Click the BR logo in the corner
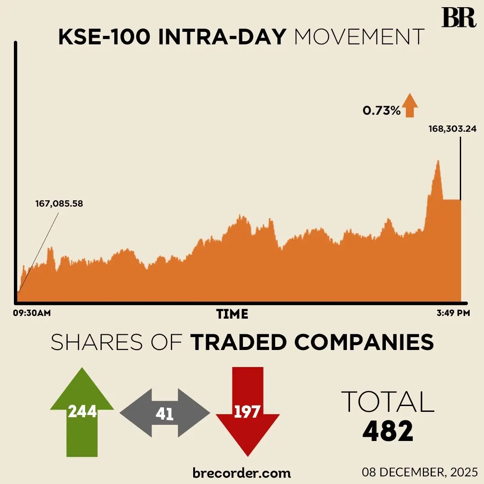coord(458,18)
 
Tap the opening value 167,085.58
coord(59,204)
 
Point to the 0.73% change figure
coord(381,111)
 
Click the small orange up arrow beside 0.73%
coord(410,105)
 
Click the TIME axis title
coord(232,314)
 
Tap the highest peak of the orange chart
coord(438,161)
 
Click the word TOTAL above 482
coord(388,402)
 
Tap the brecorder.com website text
coord(242,472)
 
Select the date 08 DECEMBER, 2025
coord(420,472)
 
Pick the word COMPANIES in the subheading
coord(364,342)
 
